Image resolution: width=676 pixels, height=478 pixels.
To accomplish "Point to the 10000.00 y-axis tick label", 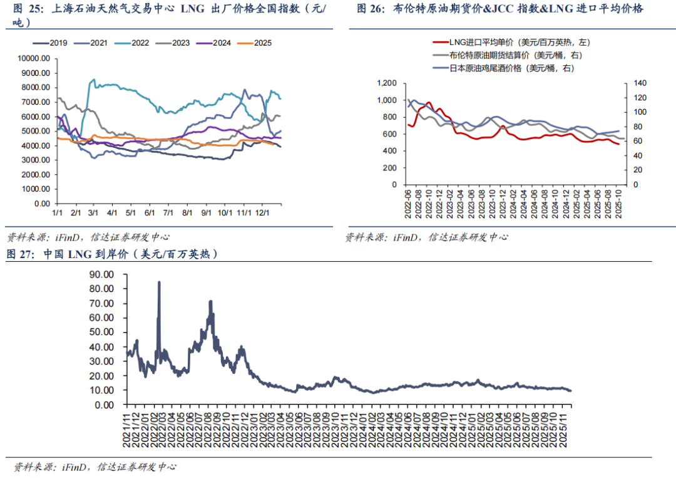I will click(34, 58).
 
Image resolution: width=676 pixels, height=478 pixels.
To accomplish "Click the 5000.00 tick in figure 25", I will click(36, 131).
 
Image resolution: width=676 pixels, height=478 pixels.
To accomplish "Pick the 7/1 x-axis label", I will click(168, 214).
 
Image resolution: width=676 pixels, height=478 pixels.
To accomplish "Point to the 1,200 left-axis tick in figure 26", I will click(387, 83).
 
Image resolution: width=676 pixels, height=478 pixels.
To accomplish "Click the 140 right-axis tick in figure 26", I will click(636, 83).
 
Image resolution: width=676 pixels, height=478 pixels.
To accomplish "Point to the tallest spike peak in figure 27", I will click(159, 283).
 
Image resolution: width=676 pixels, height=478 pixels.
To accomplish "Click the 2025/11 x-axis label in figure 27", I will click(566, 427).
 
